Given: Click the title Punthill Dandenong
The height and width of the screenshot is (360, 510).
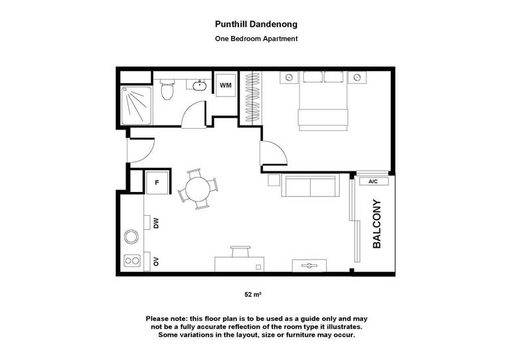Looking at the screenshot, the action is pyautogui.click(x=256, y=25).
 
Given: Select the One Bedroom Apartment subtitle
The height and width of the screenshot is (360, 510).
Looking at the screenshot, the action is pyautogui.click(x=256, y=39).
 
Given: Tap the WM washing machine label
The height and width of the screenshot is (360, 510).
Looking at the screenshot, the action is pyautogui.click(x=226, y=85).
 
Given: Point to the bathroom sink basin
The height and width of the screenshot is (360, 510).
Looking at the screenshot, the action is pyautogui.click(x=199, y=86).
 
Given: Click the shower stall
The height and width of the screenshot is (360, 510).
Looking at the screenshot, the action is pyautogui.click(x=136, y=106).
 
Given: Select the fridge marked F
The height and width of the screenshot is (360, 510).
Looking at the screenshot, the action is pyautogui.click(x=157, y=183).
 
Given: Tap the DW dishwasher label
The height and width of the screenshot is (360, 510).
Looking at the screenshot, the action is pyautogui.click(x=156, y=223).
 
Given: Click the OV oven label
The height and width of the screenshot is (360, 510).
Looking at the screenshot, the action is pyautogui.click(x=156, y=261).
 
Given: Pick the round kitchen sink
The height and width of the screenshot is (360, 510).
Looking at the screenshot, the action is pyautogui.click(x=131, y=236).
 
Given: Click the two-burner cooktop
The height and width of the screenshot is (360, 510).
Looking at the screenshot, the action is pyautogui.click(x=132, y=260).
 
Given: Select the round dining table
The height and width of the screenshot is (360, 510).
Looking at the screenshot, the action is pyautogui.click(x=198, y=189).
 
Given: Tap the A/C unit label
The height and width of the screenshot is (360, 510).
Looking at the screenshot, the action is pyautogui.click(x=373, y=181).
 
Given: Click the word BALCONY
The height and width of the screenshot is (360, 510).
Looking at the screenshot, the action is pyautogui.click(x=377, y=224).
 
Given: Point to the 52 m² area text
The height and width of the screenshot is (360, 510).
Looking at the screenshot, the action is pyautogui.click(x=253, y=295).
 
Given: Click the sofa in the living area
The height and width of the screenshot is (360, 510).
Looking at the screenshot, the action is pyautogui.click(x=310, y=185).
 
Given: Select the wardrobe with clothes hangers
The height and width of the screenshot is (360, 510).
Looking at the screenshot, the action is pyautogui.click(x=253, y=97).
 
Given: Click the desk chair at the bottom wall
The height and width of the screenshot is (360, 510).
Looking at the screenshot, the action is pyautogui.click(x=240, y=252).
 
